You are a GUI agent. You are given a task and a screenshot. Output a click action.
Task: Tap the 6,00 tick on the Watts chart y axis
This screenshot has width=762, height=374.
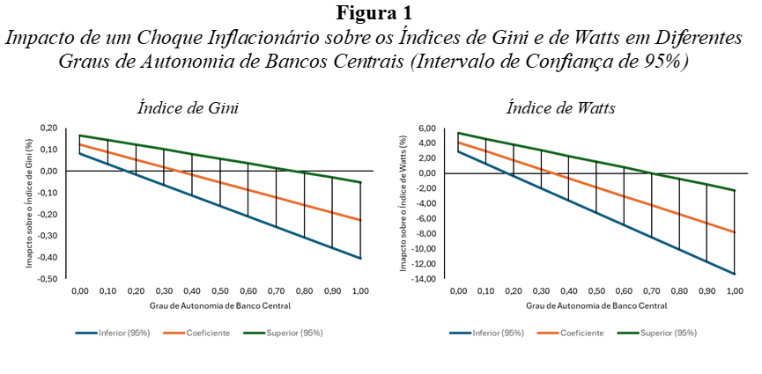coord(426,128)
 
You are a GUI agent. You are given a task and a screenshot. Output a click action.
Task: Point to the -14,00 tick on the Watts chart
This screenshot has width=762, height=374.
coord(423,279)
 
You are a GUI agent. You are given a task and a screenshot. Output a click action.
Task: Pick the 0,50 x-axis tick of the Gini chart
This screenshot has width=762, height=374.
coord(220,290)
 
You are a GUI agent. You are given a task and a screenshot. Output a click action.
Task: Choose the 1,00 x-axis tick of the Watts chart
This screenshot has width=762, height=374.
coord(734,290)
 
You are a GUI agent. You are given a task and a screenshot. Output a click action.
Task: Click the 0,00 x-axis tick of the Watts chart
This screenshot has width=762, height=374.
coord(458,290)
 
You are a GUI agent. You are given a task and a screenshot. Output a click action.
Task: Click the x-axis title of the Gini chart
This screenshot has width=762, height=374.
coord(219,305)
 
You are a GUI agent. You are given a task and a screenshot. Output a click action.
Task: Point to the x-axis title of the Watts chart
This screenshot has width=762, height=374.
coord(596,305)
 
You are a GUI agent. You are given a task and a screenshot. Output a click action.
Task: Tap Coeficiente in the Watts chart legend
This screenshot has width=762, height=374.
coord(581,334)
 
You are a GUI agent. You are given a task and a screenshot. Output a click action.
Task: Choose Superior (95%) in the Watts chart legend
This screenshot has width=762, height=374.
coord(670,334)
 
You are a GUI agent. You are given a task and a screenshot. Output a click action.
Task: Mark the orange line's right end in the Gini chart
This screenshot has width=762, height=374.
coord(360,220)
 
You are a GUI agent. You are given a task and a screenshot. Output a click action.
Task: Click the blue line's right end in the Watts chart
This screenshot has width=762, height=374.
coord(734,274)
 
